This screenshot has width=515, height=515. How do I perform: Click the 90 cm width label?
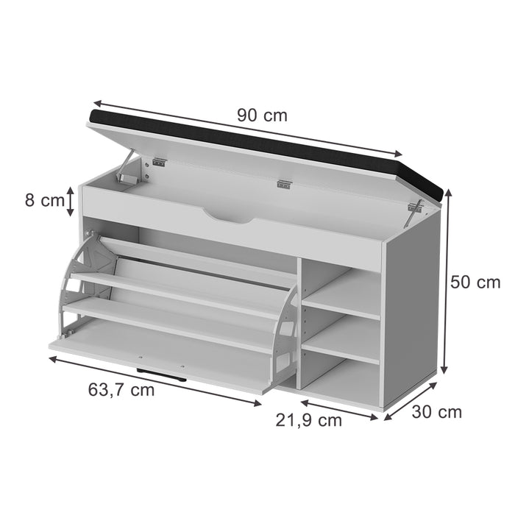click(262, 116)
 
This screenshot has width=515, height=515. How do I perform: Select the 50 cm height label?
click(475, 282)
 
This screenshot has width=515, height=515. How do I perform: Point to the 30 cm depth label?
click(436, 411)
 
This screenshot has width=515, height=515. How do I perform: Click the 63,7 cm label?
click(122, 389)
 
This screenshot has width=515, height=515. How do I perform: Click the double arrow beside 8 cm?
click(70, 201)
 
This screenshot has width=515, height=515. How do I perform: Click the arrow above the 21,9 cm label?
click(338, 409)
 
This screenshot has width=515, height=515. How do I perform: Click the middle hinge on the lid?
click(284, 185)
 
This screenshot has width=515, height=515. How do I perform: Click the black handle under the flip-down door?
click(160, 373)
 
